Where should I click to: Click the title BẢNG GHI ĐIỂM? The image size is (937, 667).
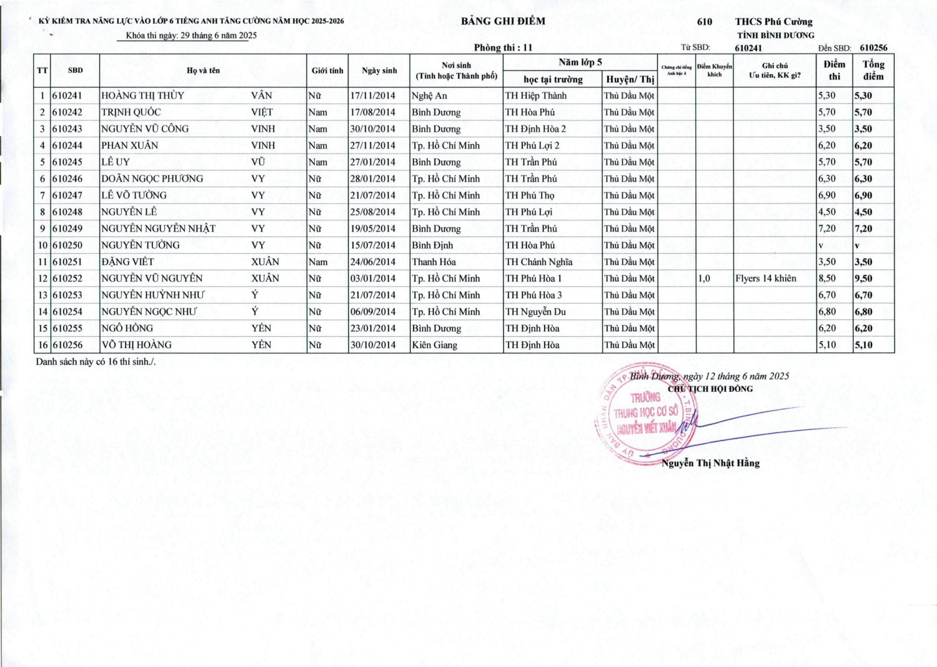coord(503,21)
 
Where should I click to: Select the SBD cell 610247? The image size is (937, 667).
coord(67,195)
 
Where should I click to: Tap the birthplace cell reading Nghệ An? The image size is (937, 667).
coord(429,95)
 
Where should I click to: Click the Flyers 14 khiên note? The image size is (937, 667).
coord(765,278)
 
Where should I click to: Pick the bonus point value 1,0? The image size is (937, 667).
coord(704,278)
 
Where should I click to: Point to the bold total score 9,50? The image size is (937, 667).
coord(863,278)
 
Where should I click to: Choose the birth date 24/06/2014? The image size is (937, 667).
coord(372,262)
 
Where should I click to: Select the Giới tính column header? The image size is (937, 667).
coord(327,71)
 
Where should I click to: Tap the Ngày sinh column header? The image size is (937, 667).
coord(379,71)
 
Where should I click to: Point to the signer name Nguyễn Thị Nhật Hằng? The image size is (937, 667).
coord(710,463)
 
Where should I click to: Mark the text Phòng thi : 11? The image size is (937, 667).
coord(503,47)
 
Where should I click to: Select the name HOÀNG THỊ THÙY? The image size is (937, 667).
coord(142,95)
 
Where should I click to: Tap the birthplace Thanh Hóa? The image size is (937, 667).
coord(434,262)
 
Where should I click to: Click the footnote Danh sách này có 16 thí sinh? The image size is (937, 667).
coord(96,362)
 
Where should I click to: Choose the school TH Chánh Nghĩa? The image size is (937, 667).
coord(538,262)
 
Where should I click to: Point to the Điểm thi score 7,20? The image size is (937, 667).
coord(827,228)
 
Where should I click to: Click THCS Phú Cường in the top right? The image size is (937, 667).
coord(773,22)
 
